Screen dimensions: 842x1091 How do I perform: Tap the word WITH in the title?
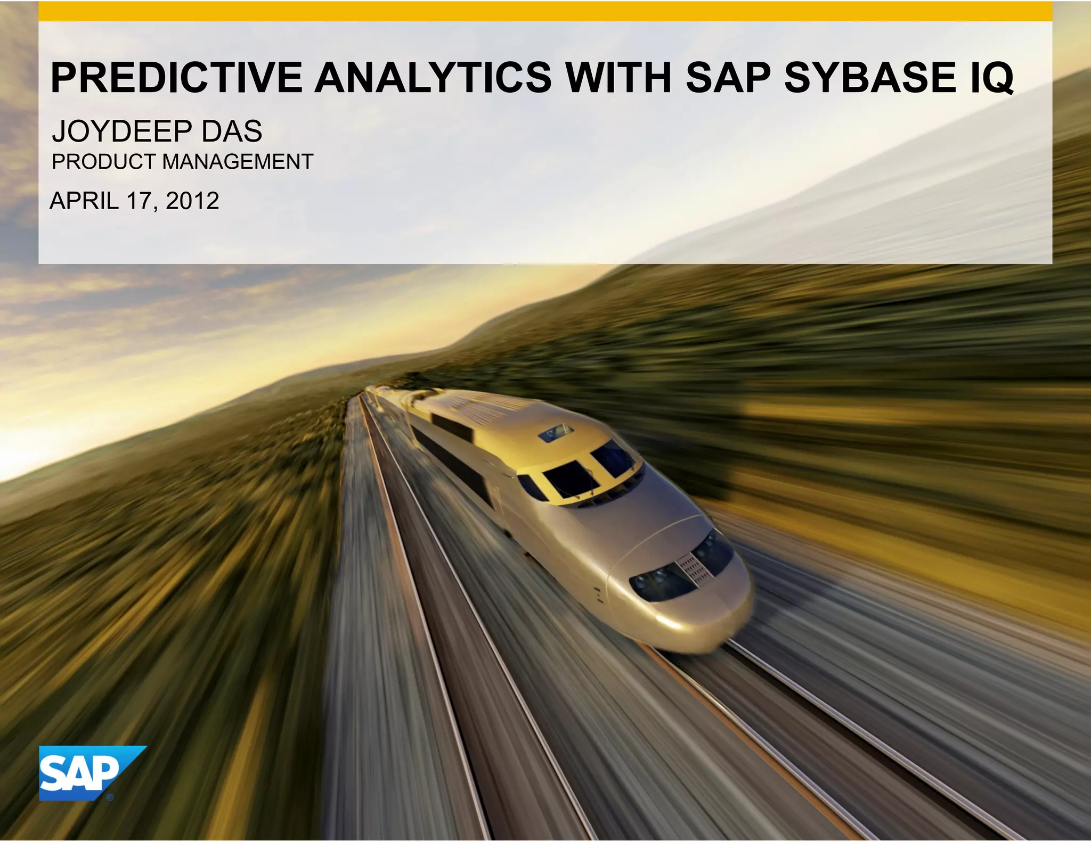coord(618,78)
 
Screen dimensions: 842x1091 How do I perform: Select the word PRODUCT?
coord(103,162)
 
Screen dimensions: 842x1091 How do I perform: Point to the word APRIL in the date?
coord(84,201)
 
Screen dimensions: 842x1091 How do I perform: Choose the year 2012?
coord(192,201)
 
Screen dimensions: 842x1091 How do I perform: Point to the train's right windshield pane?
coord(612,457)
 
